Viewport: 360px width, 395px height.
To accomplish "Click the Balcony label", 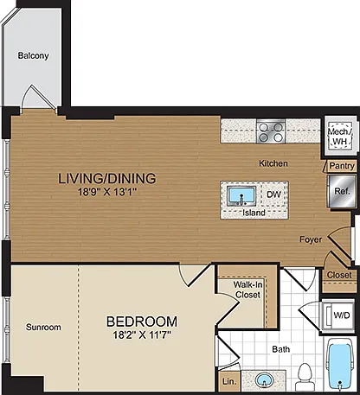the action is coord(33,55).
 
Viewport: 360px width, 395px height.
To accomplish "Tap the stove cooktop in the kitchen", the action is coord(271,131).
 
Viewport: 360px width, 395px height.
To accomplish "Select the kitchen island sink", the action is coord(241,196).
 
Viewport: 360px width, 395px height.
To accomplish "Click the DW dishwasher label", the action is coord(273,194).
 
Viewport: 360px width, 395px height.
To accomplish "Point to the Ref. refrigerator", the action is coord(342,191).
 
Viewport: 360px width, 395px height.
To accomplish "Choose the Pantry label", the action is coord(342,166).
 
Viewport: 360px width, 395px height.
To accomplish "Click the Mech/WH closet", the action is coord(340,136).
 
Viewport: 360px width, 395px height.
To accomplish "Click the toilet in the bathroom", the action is coord(304,378).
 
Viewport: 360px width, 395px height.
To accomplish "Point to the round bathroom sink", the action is coord(264,380).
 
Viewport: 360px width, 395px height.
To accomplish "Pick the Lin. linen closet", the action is coord(229,381).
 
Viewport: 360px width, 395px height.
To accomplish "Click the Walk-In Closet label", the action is coord(247,290).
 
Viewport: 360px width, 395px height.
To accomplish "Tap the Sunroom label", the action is coord(43,327).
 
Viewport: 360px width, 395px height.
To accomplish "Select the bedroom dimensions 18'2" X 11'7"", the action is coord(142,334).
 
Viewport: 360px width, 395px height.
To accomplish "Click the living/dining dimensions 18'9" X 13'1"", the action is coord(107,192).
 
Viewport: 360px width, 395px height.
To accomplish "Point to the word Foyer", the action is coord(311,239).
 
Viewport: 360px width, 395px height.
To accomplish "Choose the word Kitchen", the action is coord(273,163).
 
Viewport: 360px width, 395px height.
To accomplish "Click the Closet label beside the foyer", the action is coord(339,275).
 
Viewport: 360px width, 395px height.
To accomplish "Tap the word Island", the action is coord(254,213).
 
